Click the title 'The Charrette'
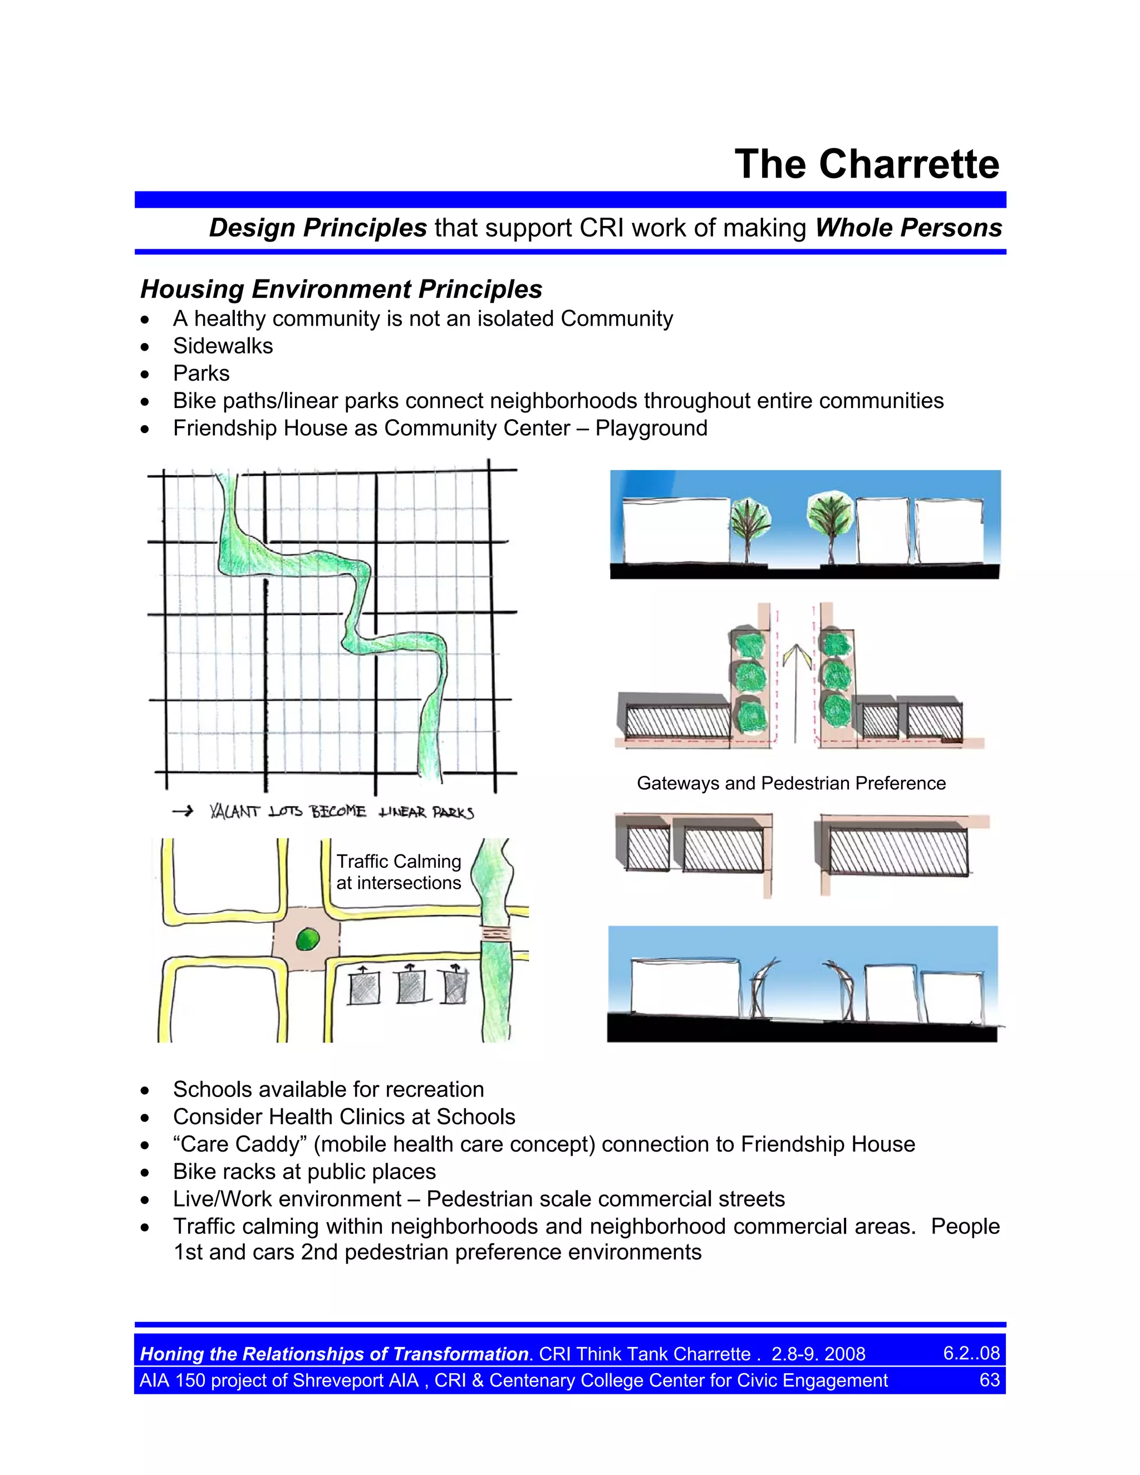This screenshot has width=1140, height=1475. click(867, 164)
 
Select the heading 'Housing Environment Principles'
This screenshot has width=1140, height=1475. click(341, 289)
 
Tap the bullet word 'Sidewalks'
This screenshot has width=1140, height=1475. click(223, 346)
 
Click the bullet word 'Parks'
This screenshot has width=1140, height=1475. click(202, 373)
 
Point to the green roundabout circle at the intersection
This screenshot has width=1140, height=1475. click(307, 938)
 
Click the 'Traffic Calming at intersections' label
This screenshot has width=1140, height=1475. click(399, 872)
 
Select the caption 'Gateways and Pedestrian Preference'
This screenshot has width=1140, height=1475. click(791, 784)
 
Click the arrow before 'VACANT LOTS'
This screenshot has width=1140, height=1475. click(183, 812)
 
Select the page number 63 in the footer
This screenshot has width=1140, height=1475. click(989, 1380)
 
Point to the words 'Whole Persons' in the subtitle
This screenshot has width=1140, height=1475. click(908, 228)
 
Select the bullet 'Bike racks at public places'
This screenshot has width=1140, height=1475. click(304, 1172)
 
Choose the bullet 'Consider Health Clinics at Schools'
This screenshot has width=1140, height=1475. click(344, 1117)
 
